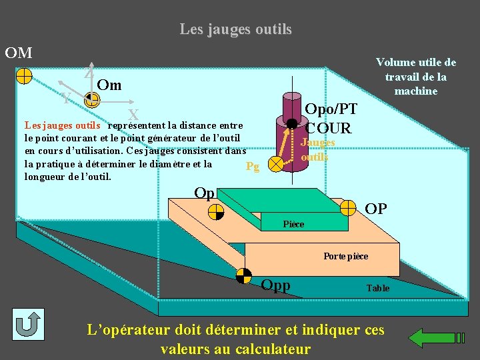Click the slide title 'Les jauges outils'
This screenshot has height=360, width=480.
[x=235, y=29]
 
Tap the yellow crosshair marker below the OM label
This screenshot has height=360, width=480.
[x=23, y=75]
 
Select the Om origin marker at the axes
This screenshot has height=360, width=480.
[x=92, y=101]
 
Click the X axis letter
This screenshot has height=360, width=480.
[x=133, y=115]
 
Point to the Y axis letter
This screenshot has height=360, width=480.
[x=65, y=99]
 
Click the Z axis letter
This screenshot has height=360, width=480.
[x=88, y=74]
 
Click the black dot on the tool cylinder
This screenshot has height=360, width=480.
[x=291, y=123]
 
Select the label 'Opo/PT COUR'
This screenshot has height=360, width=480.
[x=330, y=118]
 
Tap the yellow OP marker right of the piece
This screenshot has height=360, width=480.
[x=348, y=208]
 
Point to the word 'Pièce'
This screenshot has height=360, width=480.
[x=293, y=224]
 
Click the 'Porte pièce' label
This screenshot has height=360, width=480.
[x=345, y=256]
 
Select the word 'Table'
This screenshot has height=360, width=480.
[x=377, y=288]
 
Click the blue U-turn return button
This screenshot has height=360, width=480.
[x=27, y=325]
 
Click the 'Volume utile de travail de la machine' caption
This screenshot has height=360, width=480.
[x=415, y=77]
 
